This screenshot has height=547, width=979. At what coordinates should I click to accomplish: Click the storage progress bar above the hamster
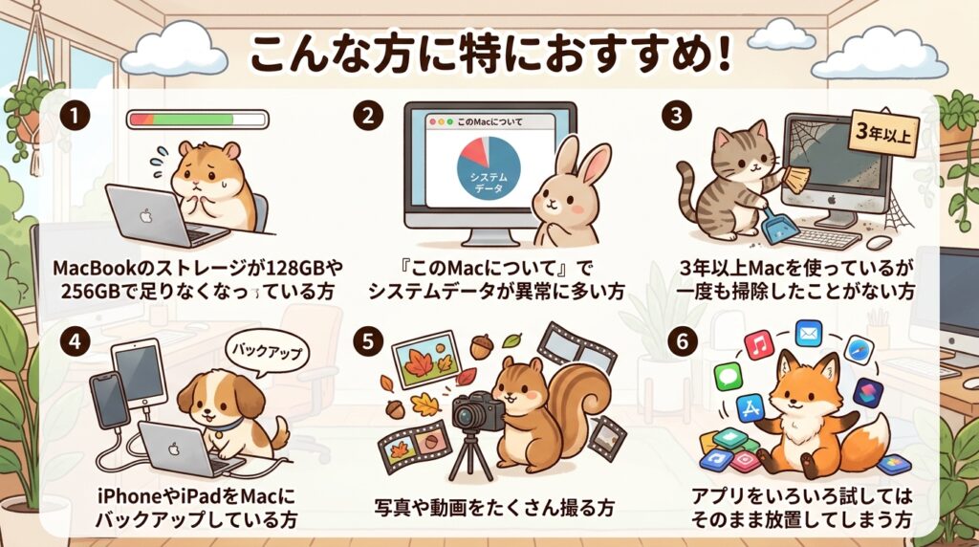coord(198,120)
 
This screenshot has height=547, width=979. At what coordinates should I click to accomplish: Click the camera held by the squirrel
coord(478,412)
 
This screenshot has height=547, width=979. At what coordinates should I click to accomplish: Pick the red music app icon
coord(758,344)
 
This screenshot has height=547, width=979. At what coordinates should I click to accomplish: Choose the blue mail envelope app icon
coord(809,334)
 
